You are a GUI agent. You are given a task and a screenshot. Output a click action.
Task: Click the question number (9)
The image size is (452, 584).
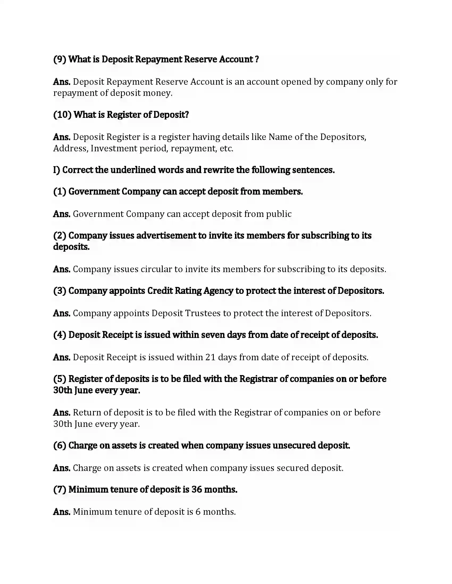(x=60, y=59)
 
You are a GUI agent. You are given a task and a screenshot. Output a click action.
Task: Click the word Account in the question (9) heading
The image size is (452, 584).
(x=236, y=59)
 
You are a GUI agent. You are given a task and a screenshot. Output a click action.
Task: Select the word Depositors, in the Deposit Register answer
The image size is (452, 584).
(x=343, y=137)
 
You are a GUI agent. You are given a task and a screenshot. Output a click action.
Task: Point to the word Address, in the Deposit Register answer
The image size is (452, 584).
(x=71, y=148)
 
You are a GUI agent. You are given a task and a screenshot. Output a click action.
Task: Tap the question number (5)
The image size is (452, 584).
(x=60, y=379)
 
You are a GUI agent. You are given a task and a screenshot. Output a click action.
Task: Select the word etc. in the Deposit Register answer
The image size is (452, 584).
(x=226, y=148)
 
